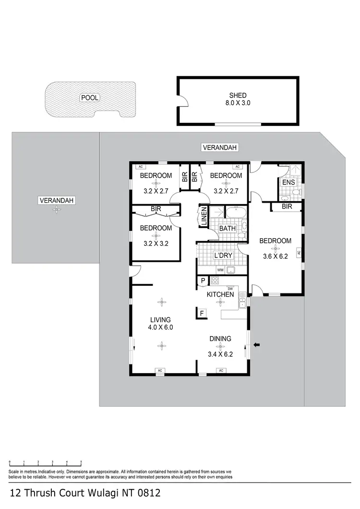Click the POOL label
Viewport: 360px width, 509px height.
click(x=89, y=97)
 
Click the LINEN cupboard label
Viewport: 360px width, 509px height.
click(x=204, y=216)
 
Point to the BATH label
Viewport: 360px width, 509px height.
click(x=228, y=228)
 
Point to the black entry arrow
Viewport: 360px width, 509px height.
click(x=257, y=344)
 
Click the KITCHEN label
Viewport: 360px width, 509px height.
click(x=220, y=294)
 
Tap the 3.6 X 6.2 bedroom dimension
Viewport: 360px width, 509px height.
click(x=275, y=256)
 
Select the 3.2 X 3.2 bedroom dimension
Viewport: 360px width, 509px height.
click(x=156, y=243)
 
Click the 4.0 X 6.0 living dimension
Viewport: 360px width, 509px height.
click(x=161, y=327)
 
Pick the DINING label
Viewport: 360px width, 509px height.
click(x=220, y=339)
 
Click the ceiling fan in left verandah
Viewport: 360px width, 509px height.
click(x=57, y=209)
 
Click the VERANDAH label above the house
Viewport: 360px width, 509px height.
click(x=220, y=148)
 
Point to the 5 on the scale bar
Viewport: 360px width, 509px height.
click(x=81, y=461)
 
